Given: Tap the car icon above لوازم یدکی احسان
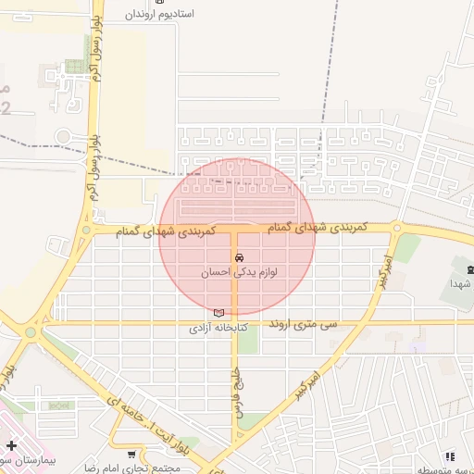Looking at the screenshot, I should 240,257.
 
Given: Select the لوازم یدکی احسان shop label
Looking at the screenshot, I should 240,273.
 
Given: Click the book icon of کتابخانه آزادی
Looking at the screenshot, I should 218,313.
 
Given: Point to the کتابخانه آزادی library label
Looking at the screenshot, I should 218,328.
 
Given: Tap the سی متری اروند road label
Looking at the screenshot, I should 305,326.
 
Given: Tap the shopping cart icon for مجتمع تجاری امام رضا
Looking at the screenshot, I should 131,454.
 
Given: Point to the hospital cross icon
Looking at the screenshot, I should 11,446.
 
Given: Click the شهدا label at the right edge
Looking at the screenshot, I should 462,283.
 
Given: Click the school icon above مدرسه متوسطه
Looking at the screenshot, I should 450,456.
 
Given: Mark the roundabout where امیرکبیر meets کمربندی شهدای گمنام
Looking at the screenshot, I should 396,227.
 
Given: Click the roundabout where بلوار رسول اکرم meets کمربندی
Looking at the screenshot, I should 86,230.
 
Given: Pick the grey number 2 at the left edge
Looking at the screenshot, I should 6,109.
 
